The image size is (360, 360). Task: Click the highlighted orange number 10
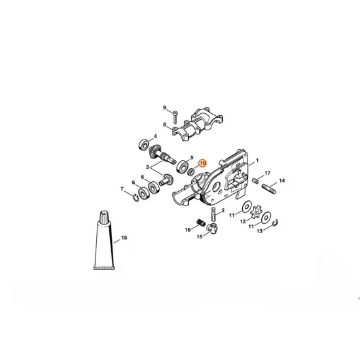tap(202, 163)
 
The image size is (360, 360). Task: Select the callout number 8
tap(165, 124)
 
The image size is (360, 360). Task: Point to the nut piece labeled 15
tap(211, 228)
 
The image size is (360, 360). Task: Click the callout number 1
tap(257, 160)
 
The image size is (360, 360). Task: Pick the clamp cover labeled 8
tap(197, 127)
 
